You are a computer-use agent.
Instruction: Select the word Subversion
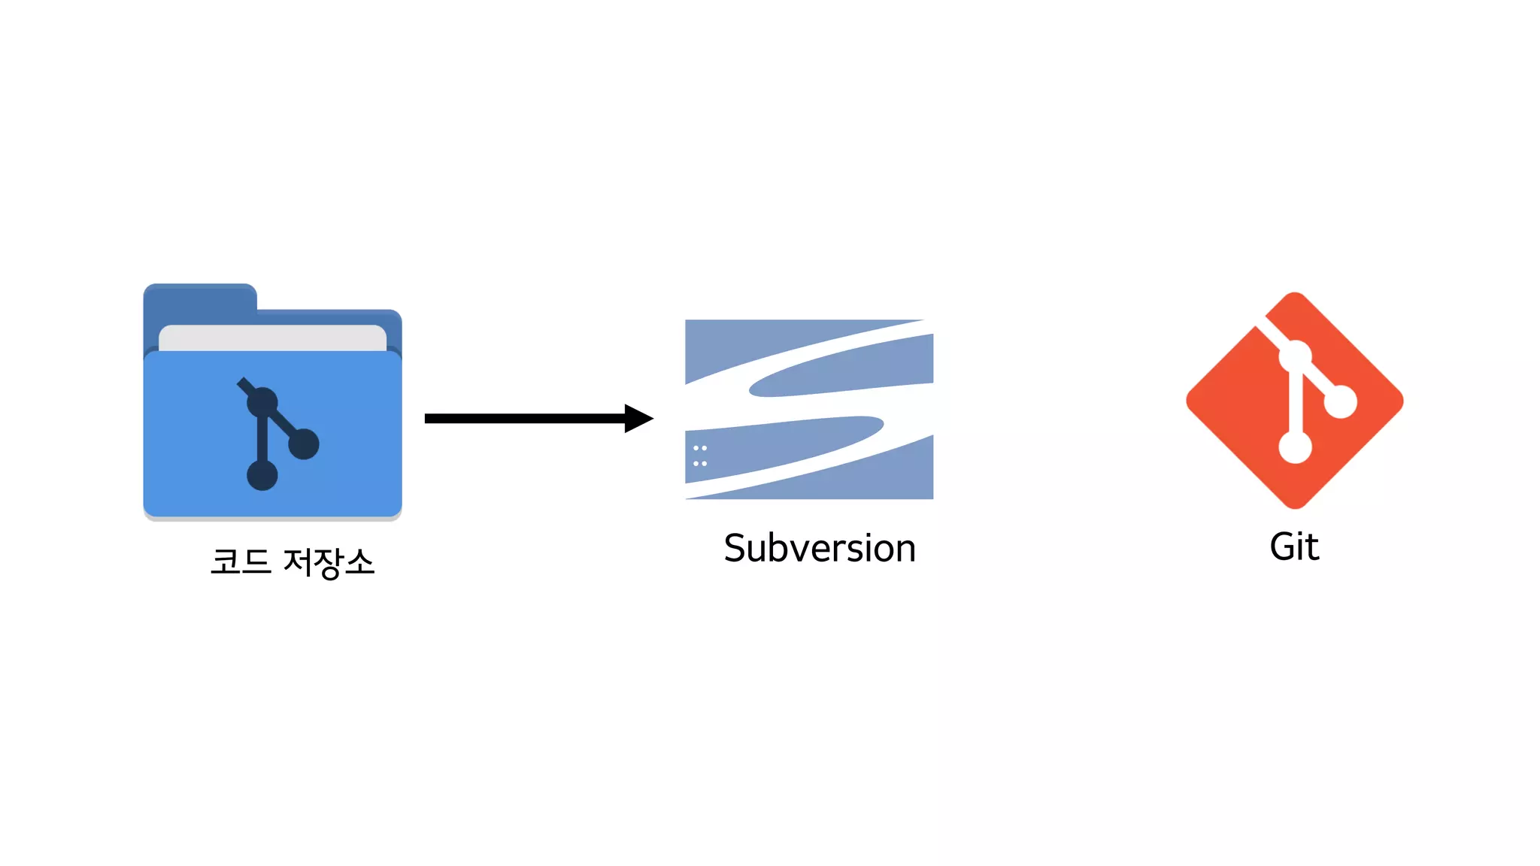pos(820,548)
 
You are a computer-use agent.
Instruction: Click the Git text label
pos(1294,547)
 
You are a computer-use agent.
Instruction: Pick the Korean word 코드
pos(241,562)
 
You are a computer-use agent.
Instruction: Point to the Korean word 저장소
pos(329,562)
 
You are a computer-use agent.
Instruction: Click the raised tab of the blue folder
pos(200,298)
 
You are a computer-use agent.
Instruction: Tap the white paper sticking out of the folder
pos(272,337)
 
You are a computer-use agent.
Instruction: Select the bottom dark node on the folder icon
pos(262,475)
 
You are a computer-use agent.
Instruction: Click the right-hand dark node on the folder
pos(304,444)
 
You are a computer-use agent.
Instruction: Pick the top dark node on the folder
pos(262,403)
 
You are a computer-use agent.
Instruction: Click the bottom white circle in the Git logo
pos(1295,447)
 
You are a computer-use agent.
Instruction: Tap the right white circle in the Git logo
pos(1340,401)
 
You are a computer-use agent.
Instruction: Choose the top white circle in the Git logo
pos(1295,356)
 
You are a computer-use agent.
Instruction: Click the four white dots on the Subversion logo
pos(700,456)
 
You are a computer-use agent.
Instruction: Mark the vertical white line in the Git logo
pos(1295,402)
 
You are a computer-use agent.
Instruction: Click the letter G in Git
pos(1282,547)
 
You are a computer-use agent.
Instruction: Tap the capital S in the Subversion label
pos(735,548)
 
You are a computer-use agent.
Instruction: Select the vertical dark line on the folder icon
pos(262,440)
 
